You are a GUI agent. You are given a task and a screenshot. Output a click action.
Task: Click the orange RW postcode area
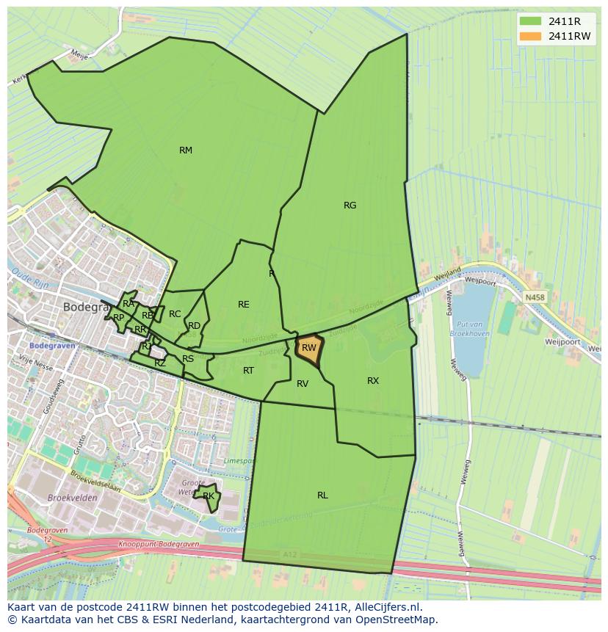coord(309,348)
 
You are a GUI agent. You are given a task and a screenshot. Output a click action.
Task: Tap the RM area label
coord(186,150)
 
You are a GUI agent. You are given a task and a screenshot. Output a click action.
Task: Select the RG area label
coord(350,206)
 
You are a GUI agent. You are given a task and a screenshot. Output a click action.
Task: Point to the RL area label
coord(322,495)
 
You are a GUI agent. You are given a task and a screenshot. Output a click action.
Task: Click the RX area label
coord(373,380)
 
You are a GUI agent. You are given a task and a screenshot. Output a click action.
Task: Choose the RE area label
coord(244,305)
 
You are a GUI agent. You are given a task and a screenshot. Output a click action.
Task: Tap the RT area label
coord(248,371)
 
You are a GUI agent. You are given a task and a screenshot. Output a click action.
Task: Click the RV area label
coord(303,383)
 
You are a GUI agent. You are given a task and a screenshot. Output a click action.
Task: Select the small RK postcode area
coord(209,496)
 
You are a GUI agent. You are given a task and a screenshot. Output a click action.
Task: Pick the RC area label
coord(175,314)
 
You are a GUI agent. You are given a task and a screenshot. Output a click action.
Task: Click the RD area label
coord(194,326)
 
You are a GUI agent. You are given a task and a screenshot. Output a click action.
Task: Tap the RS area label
coord(188,359)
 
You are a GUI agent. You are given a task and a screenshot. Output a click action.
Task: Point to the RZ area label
coord(160,363)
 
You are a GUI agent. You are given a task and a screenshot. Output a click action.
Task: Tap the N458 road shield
coord(535,297)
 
